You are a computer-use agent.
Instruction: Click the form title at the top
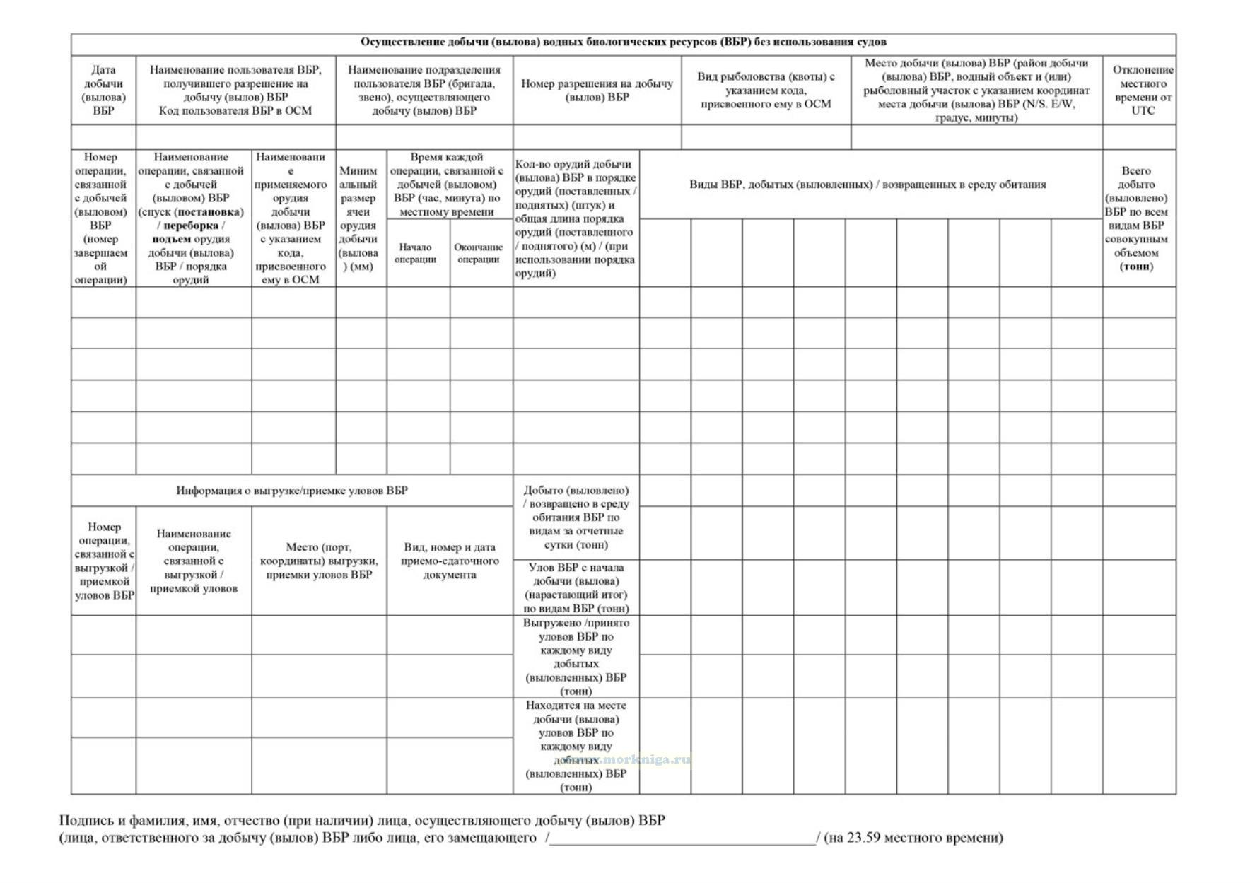click(x=623, y=42)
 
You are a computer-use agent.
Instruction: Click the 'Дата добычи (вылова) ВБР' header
click(x=103, y=90)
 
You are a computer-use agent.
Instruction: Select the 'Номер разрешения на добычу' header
click(x=597, y=90)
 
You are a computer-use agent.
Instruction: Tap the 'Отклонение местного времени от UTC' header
click(x=1138, y=90)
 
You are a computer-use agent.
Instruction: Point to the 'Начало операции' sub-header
click(x=415, y=253)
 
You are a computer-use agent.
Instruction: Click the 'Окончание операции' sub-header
click(x=479, y=253)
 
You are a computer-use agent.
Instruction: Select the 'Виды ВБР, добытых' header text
click(x=868, y=185)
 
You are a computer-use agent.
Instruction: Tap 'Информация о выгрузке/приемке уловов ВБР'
click(x=292, y=491)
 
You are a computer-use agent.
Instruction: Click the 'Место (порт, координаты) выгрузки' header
click(x=319, y=561)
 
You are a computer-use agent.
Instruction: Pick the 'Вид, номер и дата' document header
click(x=450, y=561)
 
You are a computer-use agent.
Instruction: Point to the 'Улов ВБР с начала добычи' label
click(x=576, y=587)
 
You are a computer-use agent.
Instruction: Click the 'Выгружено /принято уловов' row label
click(x=576, y=657)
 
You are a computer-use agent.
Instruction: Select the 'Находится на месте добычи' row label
click(x=576, y=746)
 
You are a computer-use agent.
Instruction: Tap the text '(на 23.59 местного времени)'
click(x=913, y=838)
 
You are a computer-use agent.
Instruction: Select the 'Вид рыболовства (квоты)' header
click(x=766, y=90)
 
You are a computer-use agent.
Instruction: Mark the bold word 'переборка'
click(x=191, y=226)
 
